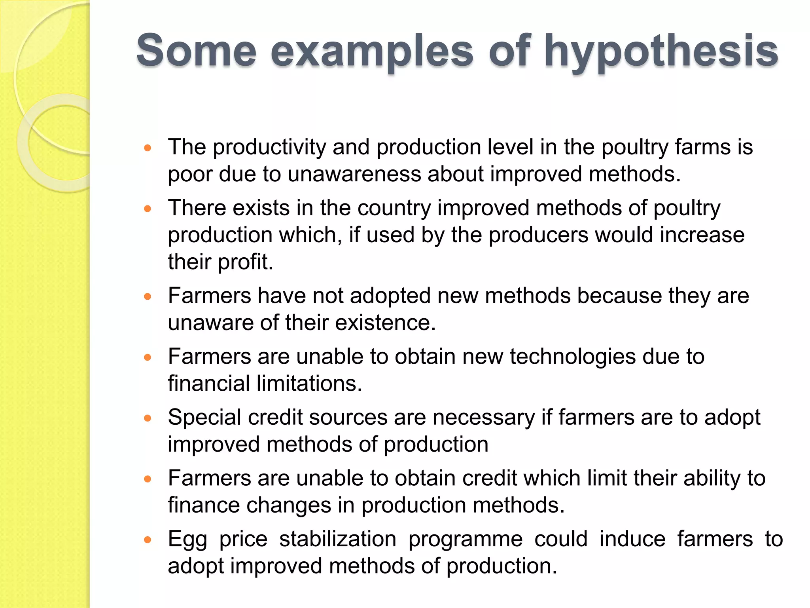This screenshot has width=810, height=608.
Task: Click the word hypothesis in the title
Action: click(661, 51)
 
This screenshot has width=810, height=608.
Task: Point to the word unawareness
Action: click(354, 174)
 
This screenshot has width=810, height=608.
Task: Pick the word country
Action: click(394, 208)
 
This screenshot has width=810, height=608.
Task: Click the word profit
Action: click(245, 262)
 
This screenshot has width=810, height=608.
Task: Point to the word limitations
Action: click(309, 384)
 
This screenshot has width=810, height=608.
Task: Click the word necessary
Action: click(483, 418)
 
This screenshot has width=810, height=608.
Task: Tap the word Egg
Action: click(187, 540)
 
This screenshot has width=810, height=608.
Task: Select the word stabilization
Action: click(338, 539)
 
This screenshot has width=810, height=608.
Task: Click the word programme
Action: click(466, 540)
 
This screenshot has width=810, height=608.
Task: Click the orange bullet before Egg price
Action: click(148, 540)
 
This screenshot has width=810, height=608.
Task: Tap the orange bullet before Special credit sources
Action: click(148, 418)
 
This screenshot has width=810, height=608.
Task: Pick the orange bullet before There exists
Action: click(148, 209)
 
